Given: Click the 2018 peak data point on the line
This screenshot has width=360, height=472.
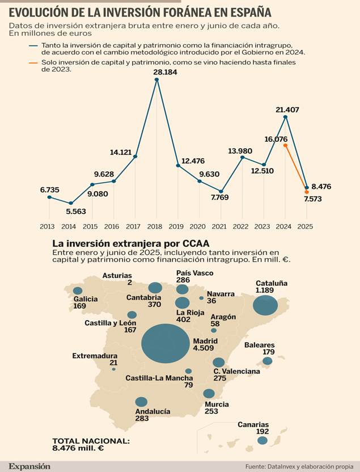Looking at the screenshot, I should tap(156, 79).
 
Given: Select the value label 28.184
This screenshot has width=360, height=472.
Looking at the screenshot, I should tap(165, 72).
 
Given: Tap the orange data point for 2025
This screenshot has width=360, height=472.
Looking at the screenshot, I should tap(306, 192).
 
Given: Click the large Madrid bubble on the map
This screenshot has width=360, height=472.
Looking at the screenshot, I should tap(165, 343).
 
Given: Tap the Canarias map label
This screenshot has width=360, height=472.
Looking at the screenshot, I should tap(253, 424).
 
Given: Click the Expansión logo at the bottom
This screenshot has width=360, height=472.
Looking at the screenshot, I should tap(29, 466).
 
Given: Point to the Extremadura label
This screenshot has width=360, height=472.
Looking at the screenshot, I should tap(95, 356).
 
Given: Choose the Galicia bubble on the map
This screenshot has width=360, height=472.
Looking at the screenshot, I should tap(78, 290).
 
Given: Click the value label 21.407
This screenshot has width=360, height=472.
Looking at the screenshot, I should tap(287, 109).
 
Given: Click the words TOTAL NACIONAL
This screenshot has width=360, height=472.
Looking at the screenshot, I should tap(91, 440).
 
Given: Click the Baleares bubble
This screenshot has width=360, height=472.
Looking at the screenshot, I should tap(267, 361).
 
